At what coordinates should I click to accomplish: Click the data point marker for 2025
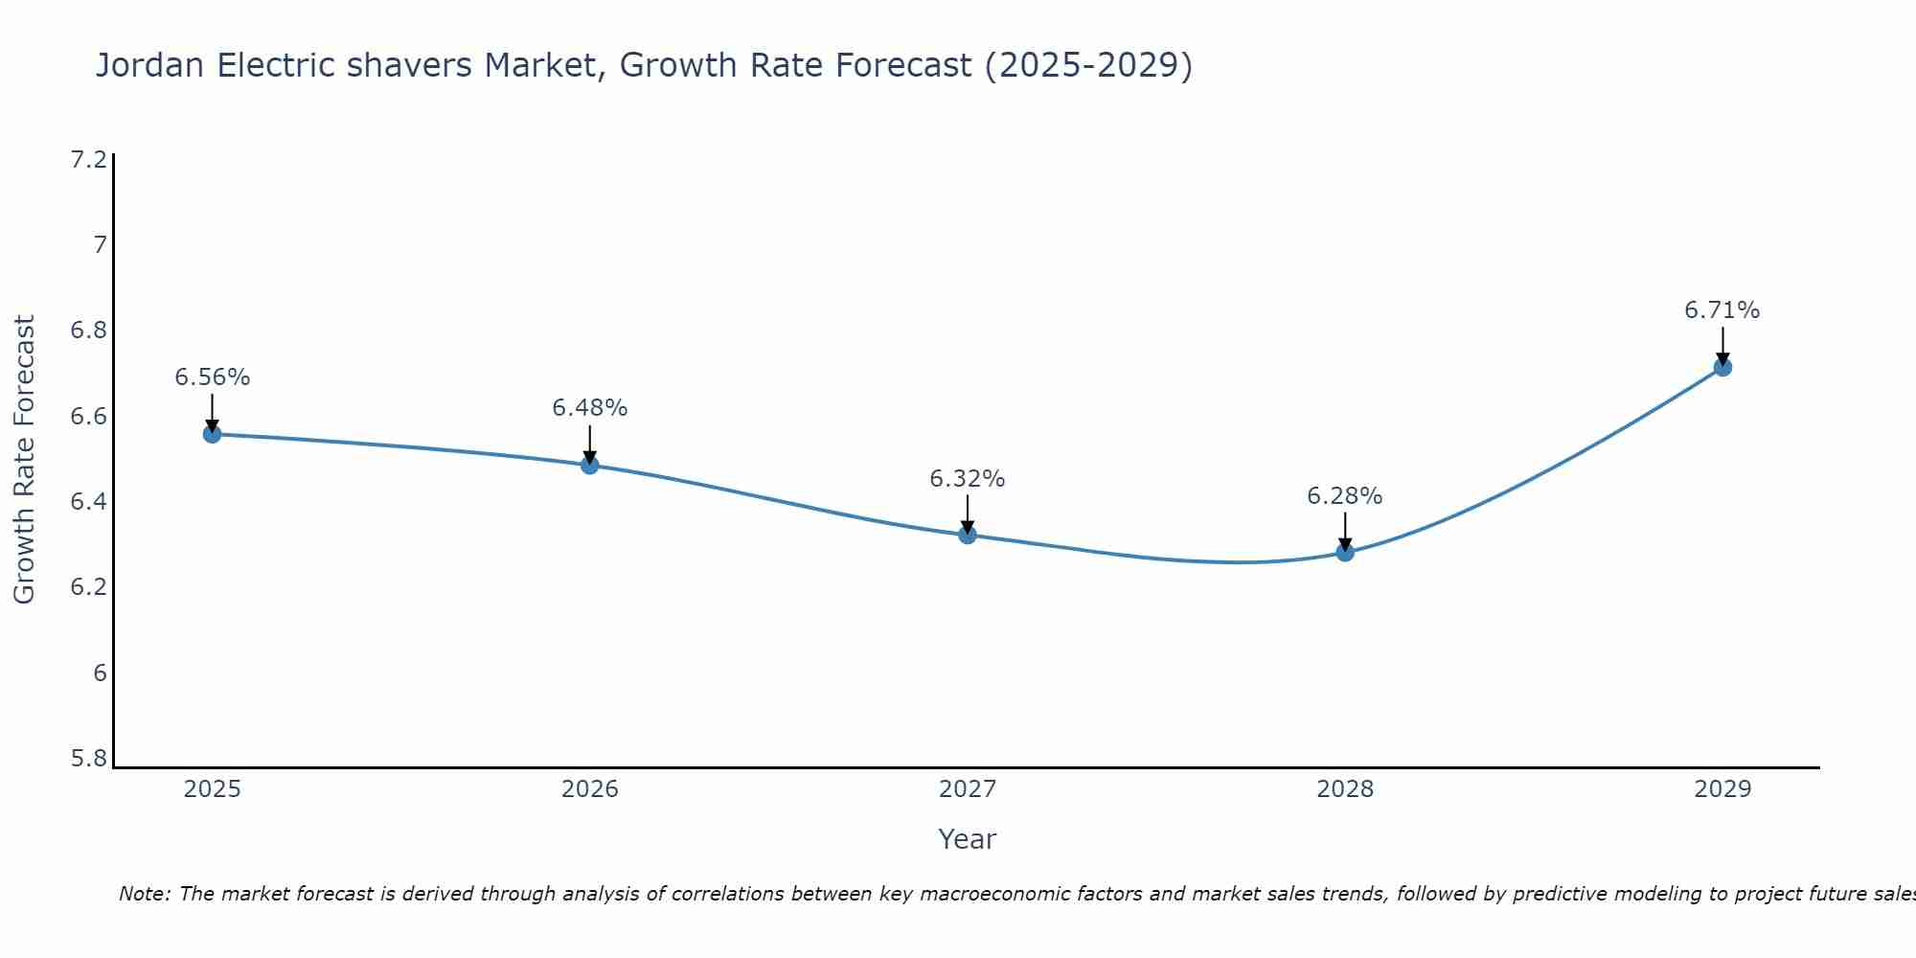click(212, 434)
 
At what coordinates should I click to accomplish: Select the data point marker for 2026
click(589, 465)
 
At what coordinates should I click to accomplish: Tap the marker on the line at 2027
click(967, 535)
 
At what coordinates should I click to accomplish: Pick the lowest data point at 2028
click(1344, 552)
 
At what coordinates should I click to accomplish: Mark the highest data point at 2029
click(1722, 367)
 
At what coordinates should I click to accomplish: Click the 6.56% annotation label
click(212, 377)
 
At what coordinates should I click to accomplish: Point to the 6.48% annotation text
click(589, 408)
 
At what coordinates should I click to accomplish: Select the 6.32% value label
click(967, 479)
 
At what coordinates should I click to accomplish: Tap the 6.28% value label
click(1344, 496)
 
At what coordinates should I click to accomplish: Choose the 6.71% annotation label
click(1722, 310)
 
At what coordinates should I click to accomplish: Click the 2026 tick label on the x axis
click(589, 789)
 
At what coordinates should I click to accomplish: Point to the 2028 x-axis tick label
click(1344, 789)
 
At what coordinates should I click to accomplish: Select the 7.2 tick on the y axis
click(88, 160)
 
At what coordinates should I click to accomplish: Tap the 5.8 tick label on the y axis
click(88, 759)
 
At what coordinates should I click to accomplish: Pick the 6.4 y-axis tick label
click(88, 502)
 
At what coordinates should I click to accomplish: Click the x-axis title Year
click(967, 839)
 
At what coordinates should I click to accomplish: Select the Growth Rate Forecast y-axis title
click(24, 460)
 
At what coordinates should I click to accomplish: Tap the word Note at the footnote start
click(144, 894)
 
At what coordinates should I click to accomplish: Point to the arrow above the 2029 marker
click(1722, 345)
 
